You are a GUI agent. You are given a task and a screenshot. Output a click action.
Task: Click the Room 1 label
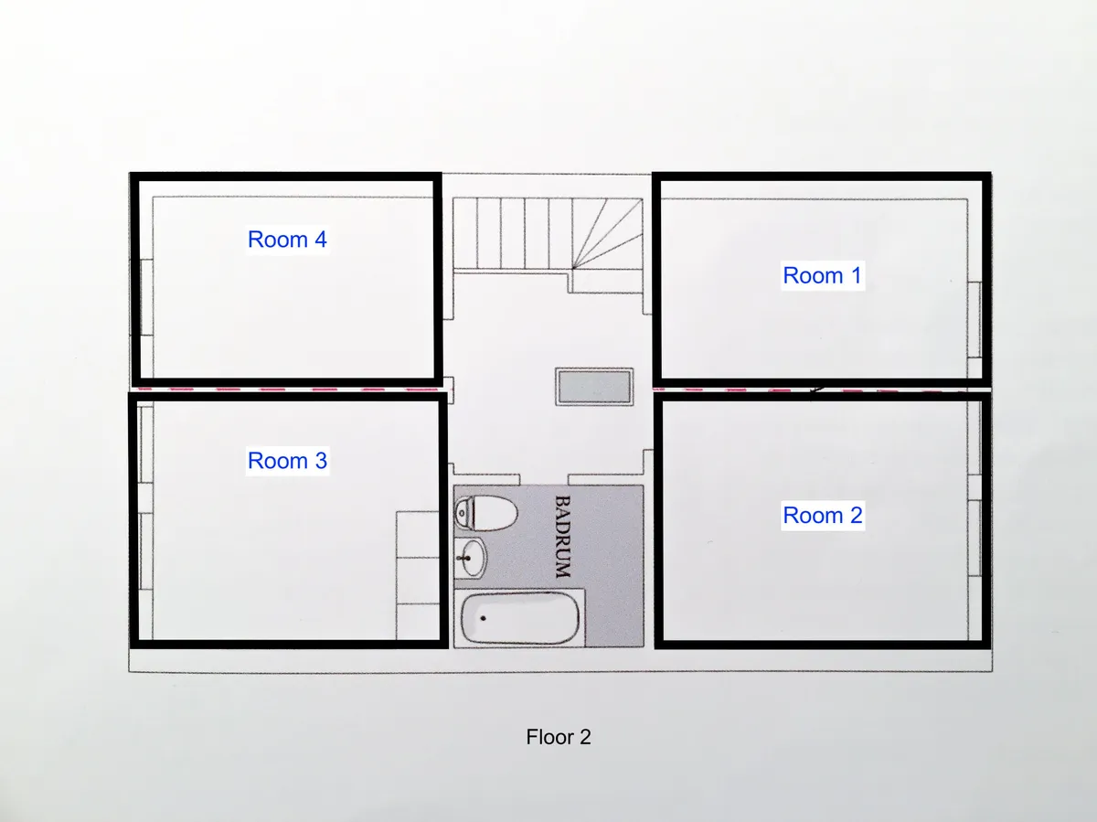(822, 275)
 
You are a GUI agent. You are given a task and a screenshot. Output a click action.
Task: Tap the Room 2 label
(823, 515)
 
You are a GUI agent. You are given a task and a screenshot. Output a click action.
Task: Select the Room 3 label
(287, 460)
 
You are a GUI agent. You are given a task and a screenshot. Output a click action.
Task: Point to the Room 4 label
(287, 240)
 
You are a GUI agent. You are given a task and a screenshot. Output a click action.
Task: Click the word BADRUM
(563, 537)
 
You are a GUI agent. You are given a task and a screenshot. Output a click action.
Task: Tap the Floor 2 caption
(559, 737)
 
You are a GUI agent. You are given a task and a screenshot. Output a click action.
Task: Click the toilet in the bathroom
(485, 513)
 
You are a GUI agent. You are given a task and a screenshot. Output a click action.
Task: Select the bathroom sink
(470, 558)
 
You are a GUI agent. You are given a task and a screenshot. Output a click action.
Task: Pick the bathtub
(519, 618)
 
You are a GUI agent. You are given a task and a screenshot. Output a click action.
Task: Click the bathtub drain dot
(483, 618)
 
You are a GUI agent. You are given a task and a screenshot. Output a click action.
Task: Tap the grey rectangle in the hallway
(594, 387)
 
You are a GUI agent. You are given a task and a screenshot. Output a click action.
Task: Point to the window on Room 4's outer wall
(146, 297)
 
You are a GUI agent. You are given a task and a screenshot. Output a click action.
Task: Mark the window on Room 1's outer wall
(975, 320)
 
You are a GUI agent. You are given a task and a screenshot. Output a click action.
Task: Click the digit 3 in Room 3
(321, 460)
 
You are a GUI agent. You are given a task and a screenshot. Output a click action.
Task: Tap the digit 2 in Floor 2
(585, 737)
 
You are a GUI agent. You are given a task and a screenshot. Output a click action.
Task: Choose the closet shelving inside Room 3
(418, 575)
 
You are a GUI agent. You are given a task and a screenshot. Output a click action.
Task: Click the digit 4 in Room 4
(321, 240)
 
